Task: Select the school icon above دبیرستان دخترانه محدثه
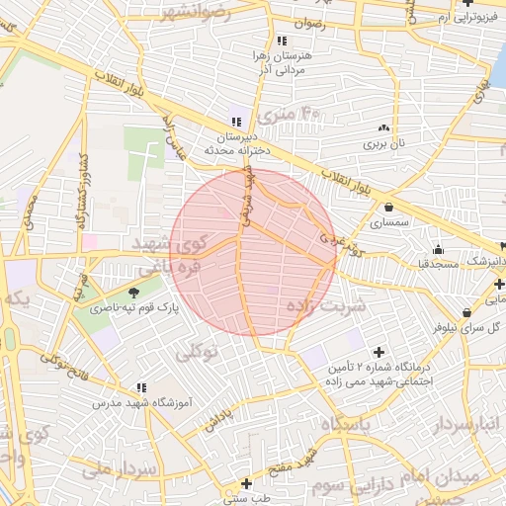234,122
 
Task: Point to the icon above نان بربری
383,128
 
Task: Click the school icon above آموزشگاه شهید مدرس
141,387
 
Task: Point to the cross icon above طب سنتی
246,483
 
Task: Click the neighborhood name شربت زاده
325,305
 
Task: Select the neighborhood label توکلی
198,352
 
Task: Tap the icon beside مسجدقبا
438,248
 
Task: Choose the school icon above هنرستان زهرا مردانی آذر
283,41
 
